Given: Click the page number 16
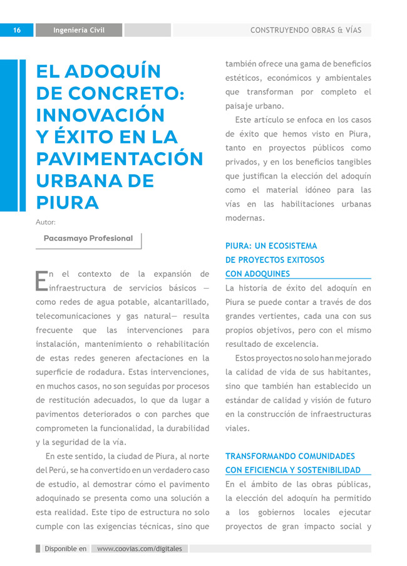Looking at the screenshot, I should [16, 30].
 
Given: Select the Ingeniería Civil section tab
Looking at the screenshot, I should [79, 30].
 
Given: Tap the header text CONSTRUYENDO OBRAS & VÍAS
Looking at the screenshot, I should [306, 30].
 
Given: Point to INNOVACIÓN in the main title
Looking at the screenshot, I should [100, 115].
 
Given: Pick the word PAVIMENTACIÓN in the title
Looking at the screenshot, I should [120, 159].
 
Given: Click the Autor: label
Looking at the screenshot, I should [46, 222].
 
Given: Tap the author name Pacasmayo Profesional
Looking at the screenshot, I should [88, 239].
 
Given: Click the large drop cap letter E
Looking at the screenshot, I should [41, 280].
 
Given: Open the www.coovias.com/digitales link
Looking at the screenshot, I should [140, 548].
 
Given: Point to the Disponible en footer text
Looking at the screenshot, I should [65, 548].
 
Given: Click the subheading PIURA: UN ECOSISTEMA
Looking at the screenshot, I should [271, 246].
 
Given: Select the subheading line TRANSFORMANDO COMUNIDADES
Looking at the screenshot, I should [290, 456].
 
